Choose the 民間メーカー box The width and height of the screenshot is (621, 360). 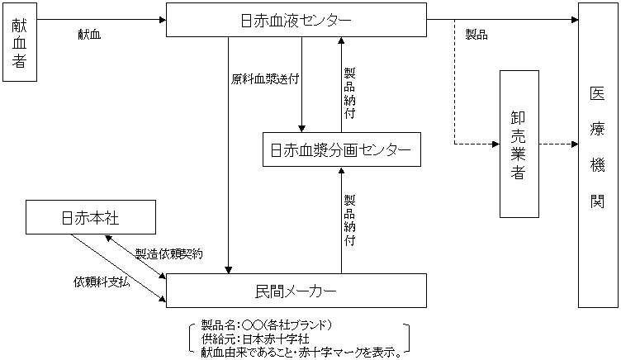pyautogui.click(x=296, y=291)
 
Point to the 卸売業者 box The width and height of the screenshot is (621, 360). pyautogui.click(x=519, y=144)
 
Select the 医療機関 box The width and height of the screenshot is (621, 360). pyautogui.click(x=597, y=155)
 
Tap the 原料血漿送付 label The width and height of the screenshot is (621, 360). pyautogui.click(x=265, y=80)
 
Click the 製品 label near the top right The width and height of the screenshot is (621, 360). pyautogui.click(x=476, y=35)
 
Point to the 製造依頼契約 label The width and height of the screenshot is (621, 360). pyautogui.click(x=169, y=253)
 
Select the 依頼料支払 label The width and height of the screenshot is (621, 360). pyautogui.click(x=102, y=282)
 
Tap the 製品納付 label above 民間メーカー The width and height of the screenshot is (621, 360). pyautogui.click(x=350, y=220)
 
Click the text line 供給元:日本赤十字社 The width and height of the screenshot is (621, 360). pyautogui.click(x=255, y=339)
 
